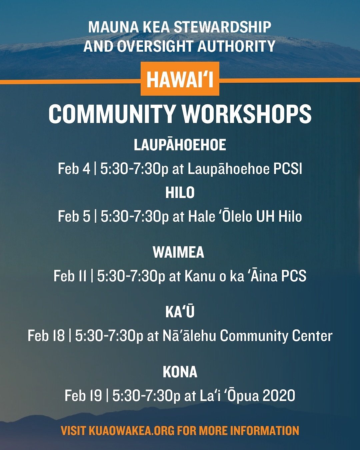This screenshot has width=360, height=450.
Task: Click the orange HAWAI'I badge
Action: point(180,79)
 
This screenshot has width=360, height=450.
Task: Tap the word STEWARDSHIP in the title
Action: point(223,27)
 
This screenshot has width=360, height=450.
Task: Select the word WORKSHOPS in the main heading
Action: point(247,114)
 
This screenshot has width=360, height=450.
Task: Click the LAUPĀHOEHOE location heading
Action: point(180,145)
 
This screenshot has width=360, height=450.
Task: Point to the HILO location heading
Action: point(180,193)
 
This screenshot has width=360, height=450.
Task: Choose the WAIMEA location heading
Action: point(178,252)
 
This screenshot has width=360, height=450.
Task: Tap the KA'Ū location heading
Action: point(180,312)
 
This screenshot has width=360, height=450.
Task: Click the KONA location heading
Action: point(180,372)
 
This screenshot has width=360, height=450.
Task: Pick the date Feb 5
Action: point(74,216)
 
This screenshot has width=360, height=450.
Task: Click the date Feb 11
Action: point(70,276)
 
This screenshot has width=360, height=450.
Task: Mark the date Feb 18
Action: point(46,336)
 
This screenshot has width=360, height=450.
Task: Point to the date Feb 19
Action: point(83,396)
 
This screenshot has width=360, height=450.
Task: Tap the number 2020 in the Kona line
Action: point(279,396)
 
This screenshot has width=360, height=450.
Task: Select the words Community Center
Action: point(276,336)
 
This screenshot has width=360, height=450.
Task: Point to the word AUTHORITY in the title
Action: point(236,46)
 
